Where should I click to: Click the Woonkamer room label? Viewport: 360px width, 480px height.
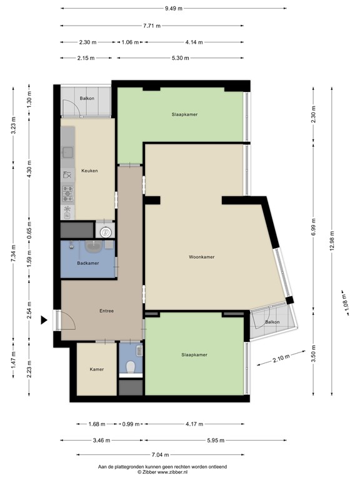tap(202, 257)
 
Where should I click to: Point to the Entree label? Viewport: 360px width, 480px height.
tap(107, 311)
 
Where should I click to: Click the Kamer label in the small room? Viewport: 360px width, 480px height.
tap(96, 369)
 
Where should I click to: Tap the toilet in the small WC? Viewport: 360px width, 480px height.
tap(131, 367)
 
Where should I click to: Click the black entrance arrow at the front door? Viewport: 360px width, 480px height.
tap(44, 321)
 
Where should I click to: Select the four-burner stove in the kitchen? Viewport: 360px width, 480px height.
tap(67, 191)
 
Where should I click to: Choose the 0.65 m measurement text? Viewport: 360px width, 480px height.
tap(29, 229)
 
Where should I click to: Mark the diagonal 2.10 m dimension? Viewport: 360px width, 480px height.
tap(282, 359)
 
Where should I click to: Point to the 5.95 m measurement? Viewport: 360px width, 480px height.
tap(214, 441)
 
